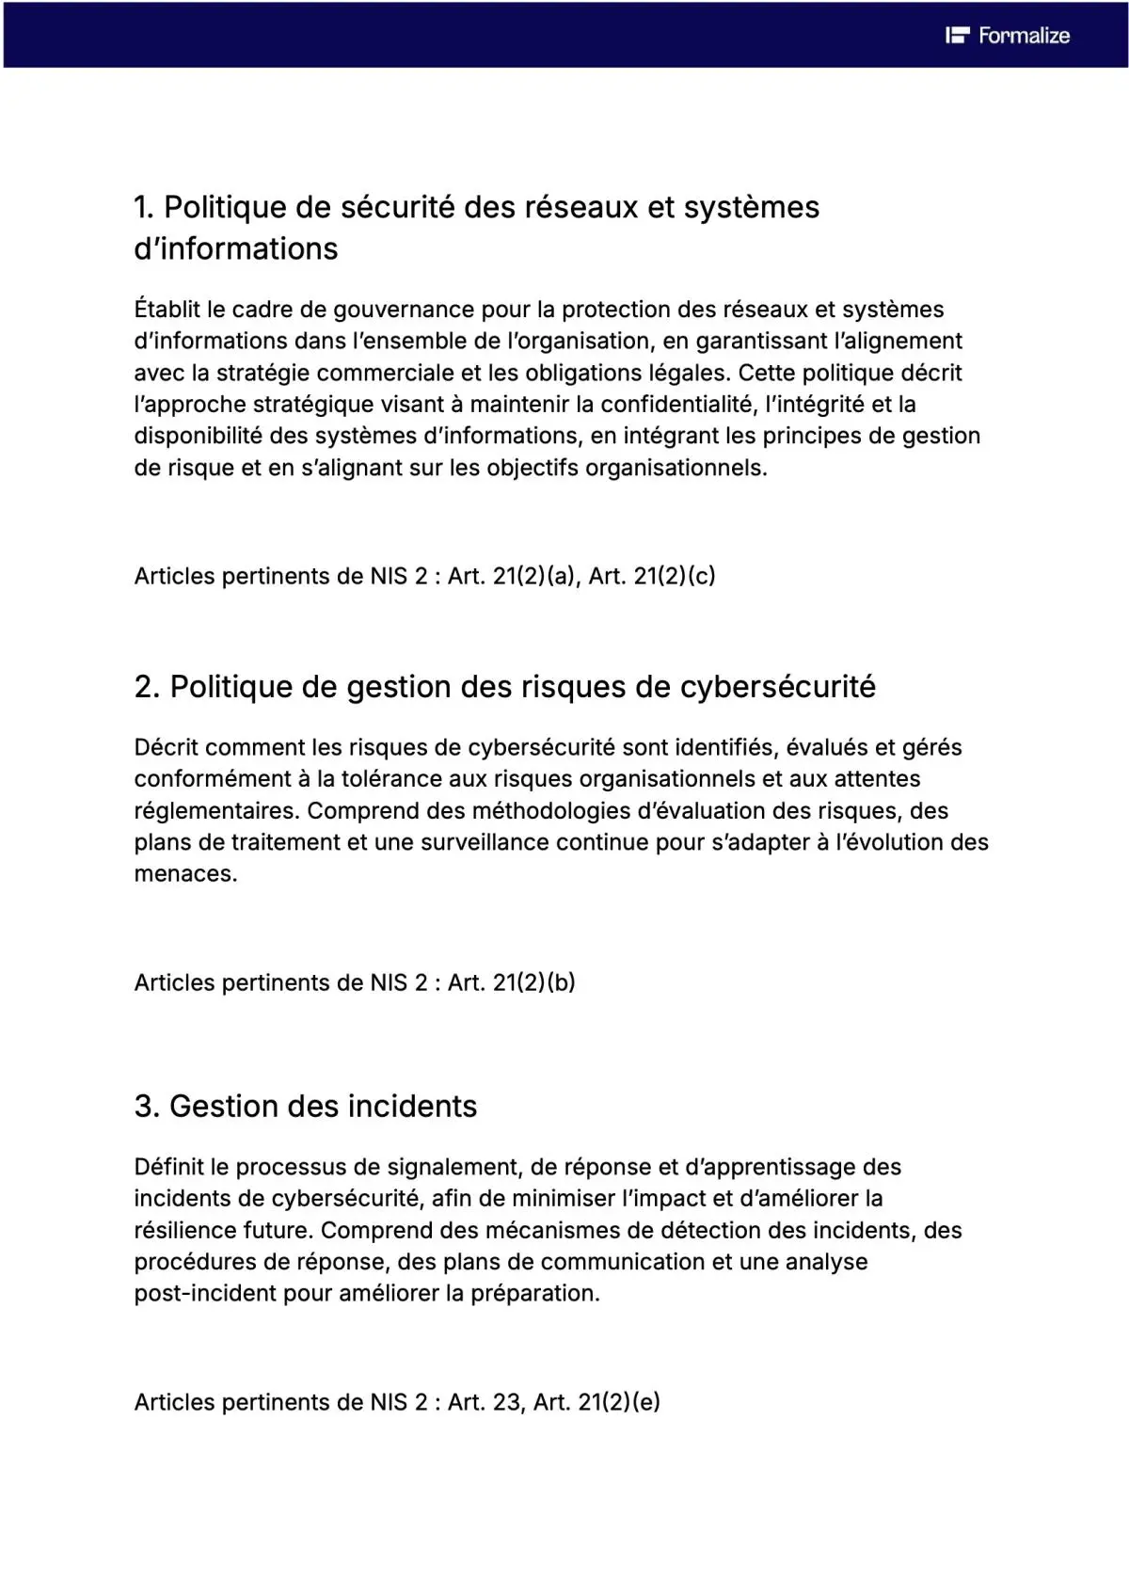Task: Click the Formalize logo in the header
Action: [x=1008, y=36]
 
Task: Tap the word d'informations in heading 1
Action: [x=236, y=248]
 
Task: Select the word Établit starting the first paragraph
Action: [x=167, y=310]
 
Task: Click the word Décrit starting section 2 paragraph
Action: [x=167, y=748]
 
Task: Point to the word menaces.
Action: [x=185, y=874]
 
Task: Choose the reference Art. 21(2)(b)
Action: [x=511, y=982]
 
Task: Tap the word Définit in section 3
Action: [x=168, y=1168]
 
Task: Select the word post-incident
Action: [x=205, y=1294]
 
